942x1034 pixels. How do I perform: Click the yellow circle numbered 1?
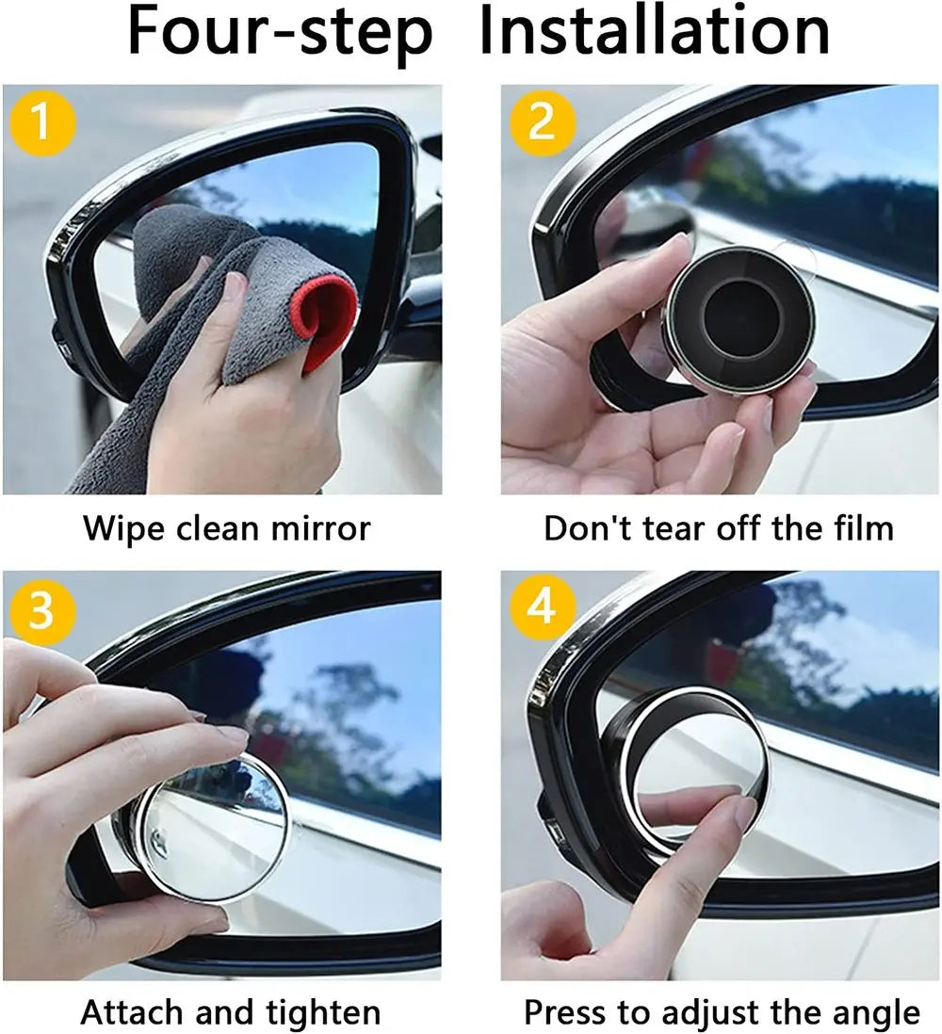[41, 121]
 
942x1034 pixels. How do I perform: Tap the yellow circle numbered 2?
[541, 121]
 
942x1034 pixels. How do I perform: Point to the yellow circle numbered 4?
[541, 609]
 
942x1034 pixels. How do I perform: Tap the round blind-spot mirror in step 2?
[739, 320]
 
